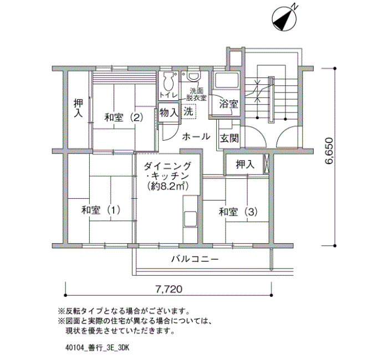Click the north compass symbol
(284, 18)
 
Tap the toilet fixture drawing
(169, 81)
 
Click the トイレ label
(169, 95)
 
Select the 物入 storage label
(169, 113)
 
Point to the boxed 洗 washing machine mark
(188, 112)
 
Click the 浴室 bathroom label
(229, 104)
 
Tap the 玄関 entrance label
(229, 138)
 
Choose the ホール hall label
(196, 136)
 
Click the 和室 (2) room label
(124, 117)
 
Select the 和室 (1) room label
(101, 210)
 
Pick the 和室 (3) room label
(238, 212)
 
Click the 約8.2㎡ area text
(167, 186)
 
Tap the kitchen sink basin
(190, 219)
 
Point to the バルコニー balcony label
(196, 259)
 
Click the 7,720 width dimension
(169, 289)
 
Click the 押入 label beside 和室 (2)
(79, 109)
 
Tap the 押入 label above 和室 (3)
(245, 164)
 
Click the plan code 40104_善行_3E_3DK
(97, 348)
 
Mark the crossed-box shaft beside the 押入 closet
(266, 163)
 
